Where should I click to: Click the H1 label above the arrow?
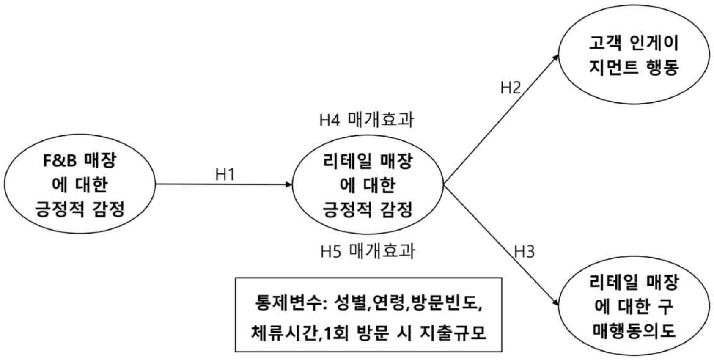point(225,174)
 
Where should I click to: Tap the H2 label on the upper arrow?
point(511,88)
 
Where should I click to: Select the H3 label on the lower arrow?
point(524,252)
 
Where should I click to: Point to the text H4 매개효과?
point(366,120)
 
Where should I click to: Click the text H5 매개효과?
point(368,251)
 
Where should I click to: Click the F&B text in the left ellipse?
point(60,161)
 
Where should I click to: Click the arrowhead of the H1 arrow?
point(289,184)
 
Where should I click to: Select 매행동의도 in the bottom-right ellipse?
point(634,330)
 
